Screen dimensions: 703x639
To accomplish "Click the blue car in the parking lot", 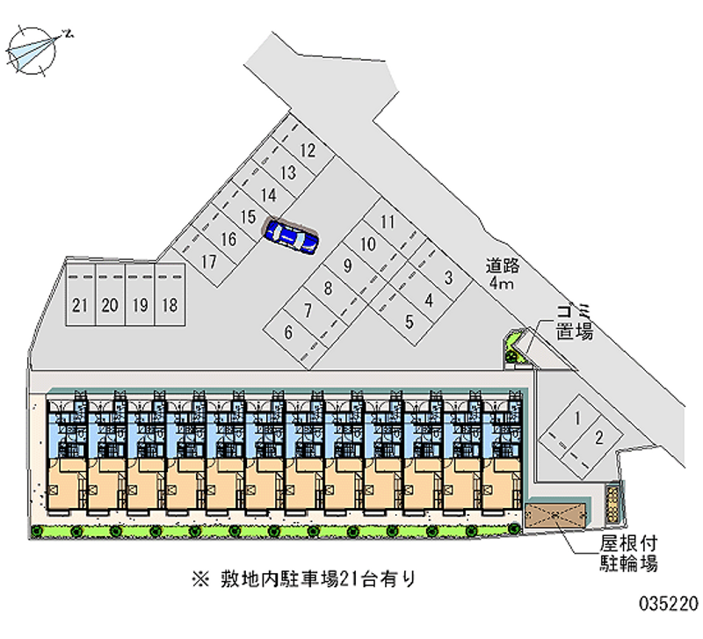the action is [x=292, y=236].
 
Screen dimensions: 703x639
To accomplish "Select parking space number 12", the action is [x=307, y=150].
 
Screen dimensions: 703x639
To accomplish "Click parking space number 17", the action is [x=209, y=261].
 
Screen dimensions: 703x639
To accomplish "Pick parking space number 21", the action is [x=81, y=305].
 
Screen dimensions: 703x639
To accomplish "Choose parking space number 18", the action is [x=170, y=305].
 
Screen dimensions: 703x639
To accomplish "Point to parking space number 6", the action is [x=288, y=332].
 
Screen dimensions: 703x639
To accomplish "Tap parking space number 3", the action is [x=448, y=279].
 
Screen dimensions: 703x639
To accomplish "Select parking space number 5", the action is [x=409, y=321].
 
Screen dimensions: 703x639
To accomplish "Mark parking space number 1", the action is [x=576, y=419].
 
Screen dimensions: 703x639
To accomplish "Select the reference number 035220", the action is [x=669, y=606].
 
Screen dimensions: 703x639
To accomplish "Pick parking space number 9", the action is [x=348, y=265].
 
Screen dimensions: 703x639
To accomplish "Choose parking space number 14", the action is [x=269, y=194].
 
